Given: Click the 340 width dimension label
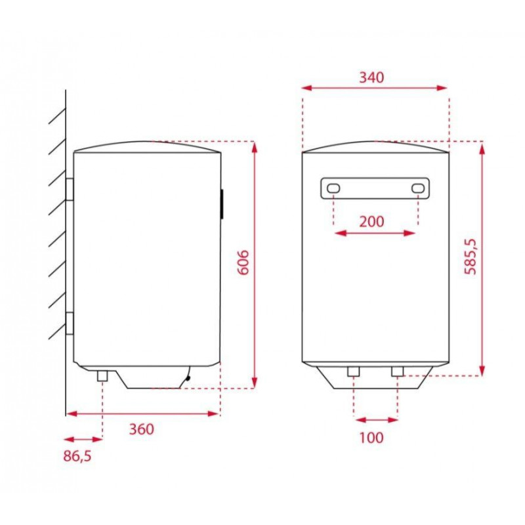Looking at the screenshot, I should point(371,77).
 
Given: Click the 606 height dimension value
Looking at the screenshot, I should point(243,262).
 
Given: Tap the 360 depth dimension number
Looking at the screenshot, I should point(141,429).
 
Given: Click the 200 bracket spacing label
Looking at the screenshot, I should point(371,221).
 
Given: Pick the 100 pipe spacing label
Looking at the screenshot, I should point(371,437).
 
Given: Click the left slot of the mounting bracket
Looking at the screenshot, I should point(333,189).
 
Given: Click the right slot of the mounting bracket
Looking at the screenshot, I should point(418,189).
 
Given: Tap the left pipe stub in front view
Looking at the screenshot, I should point(354,372).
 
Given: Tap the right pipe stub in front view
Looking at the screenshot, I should point(397,372).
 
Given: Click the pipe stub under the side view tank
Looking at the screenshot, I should point(102,375).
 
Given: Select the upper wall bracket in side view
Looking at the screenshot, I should point(70,190).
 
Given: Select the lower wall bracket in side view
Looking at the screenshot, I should point(70,324).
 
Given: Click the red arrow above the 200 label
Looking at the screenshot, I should point(375,232).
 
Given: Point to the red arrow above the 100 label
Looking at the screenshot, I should point(375,419).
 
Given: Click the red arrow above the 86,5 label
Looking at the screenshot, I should point(83,439).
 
